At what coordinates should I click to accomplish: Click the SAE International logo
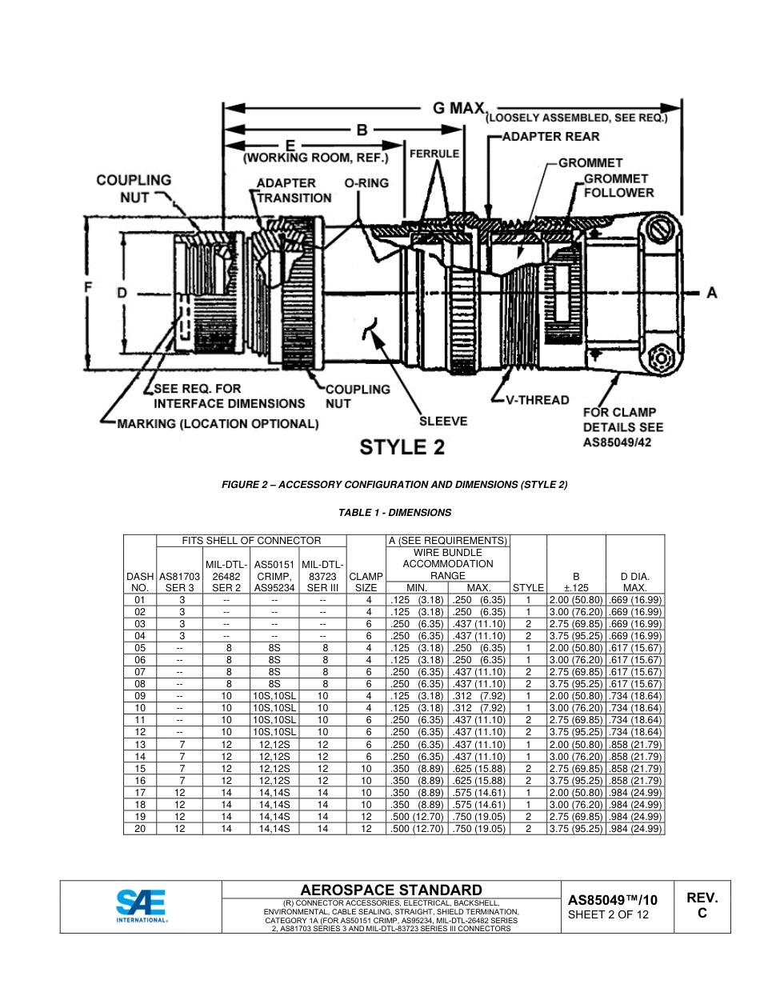pyautogui.click(x=141, y=906)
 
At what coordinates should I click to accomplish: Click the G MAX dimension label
pyautogui.click(x=459, y=107)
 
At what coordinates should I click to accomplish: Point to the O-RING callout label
pyautogui.click(x=366, y=183)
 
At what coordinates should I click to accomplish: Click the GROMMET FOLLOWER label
pyautogui.click(x=618, y=186)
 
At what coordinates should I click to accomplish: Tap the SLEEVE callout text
pyautogui.click(x=443, y=421)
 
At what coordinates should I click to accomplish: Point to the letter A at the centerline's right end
pyautogui.click(x=711, y=293)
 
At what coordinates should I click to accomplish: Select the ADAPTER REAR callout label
pyautogui.click(x=550, y=137)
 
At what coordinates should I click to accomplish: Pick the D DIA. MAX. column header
pyautogui.click(x=635, y=582)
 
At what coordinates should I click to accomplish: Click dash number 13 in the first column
pyautogui.click(x=140, y=745)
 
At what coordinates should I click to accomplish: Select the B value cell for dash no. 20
pyautogui.click(x=576, y=829)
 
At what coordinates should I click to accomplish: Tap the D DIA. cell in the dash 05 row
pyautogui.click(x=635, y=648)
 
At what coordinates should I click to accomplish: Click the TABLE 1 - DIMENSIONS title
pyautogui.click(x=394, y=513)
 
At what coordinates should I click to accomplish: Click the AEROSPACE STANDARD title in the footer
pyautogui.click(x=390, y=890)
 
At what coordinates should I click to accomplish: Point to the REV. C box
pyautogui.click(x=702, y=906)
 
